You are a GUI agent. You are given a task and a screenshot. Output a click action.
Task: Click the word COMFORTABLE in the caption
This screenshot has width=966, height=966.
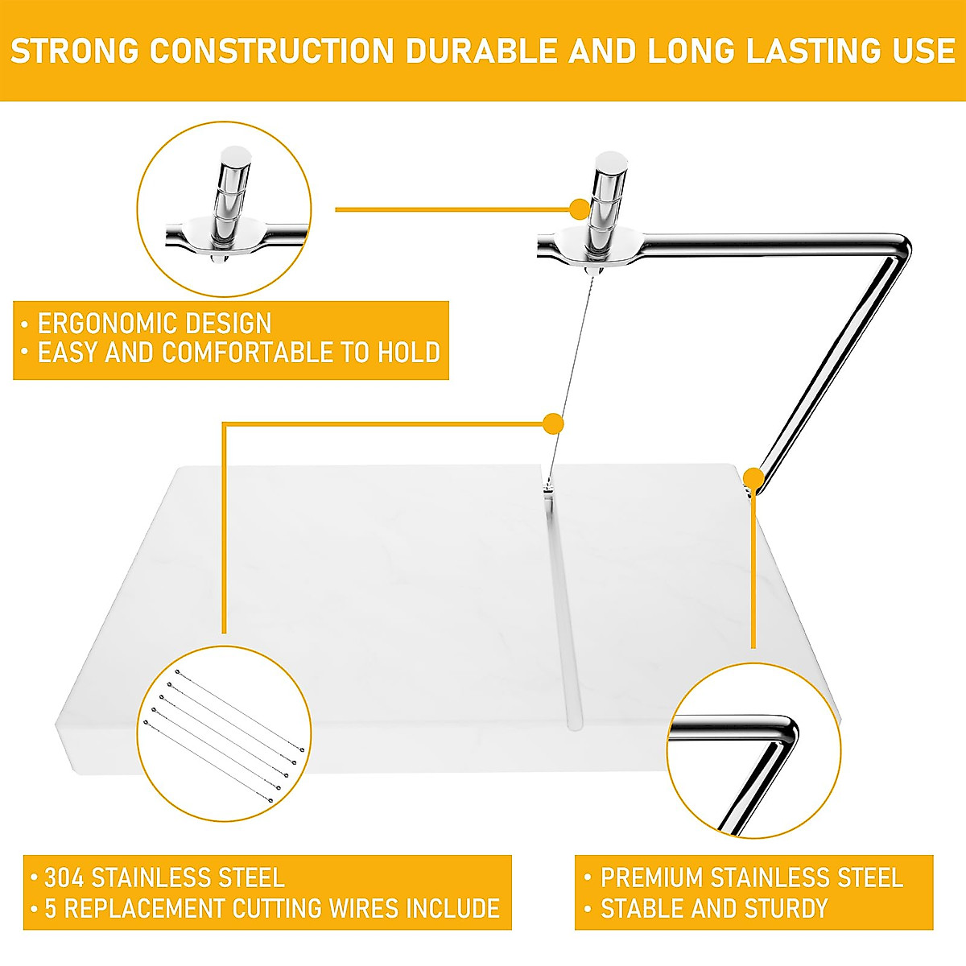pyautogui.click(x=266, y=353)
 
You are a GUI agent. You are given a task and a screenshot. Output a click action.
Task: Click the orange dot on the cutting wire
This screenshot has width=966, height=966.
pyautogui.click(x=553, y=423)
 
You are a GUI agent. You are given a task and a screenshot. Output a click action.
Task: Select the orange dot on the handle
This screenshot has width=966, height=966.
pyautogui.click(x=580, y=209)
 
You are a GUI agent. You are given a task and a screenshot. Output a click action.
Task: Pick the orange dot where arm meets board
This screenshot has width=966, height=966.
pyautogui.click(x=753, y=478)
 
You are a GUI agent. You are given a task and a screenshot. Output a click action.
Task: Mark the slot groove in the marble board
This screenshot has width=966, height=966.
pyautogui.click(x=563, y=612)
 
